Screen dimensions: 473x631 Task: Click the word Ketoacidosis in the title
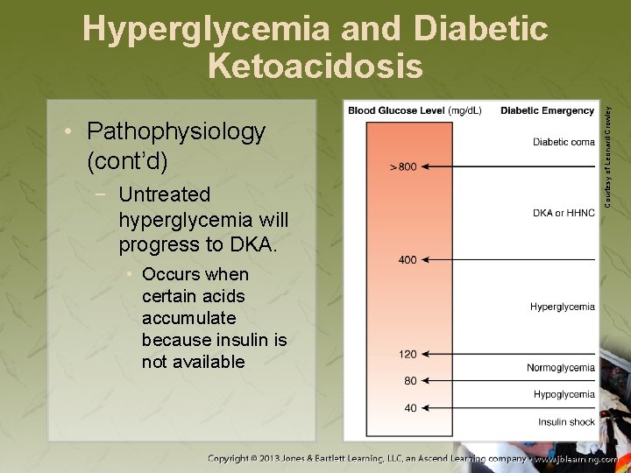pyautogui.click(x=315, y=66)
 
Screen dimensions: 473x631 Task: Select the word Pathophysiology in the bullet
pyautogui.click(x=176, y=131)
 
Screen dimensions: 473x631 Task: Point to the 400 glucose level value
pyautogui.click(x=407, y=260)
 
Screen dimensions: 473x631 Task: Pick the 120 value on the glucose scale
pyautogui.click(x=407, y=354)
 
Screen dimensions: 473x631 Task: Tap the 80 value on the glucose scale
pyautogui.click(x=409, y=381)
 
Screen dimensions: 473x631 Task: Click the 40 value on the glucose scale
pyautogui.click(x=409, y=407)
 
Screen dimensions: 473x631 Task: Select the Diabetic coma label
pyautogui.click(x=563, y=143)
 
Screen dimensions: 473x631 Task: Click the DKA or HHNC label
pyautogui.click(x=563, y=213)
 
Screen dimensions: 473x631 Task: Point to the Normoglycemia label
pyautogui.click(x=560, y=368)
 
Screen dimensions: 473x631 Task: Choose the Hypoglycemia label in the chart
pyautogui.click(x=564, y=394)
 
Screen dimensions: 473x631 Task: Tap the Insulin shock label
pyautogui.click(x=566, y=422)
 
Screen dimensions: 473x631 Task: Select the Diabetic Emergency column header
pyautogui.click(x=547, y=111)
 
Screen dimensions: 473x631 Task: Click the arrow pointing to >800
pyautogui.click(x=508, y=166)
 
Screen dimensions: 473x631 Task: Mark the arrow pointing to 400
pyautogui.click(x=508, y=260)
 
